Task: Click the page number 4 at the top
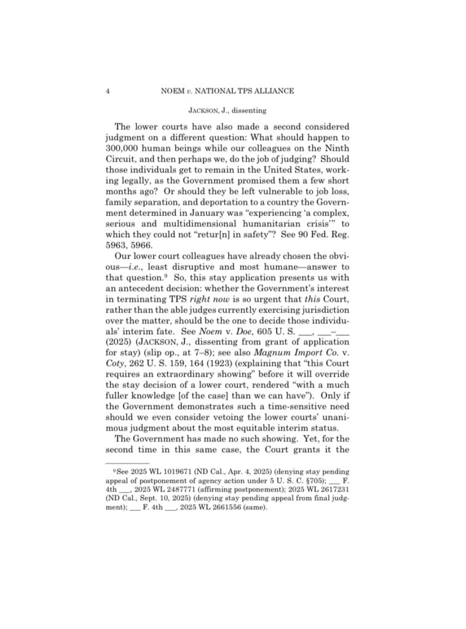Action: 108,91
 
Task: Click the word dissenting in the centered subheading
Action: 248,111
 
